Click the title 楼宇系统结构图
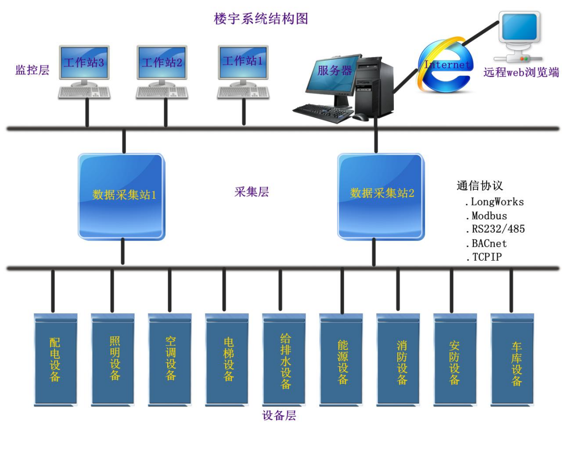(261, 19)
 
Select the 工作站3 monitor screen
(84, 62)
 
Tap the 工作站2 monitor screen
(162, 62)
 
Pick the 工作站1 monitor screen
(243, 61)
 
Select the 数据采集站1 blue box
(122, 195)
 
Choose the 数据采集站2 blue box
(381, 195)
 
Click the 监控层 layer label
(32, 70)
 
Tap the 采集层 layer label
(252, 192)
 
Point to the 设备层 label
(279, 416)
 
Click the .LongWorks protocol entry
(494, 202)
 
